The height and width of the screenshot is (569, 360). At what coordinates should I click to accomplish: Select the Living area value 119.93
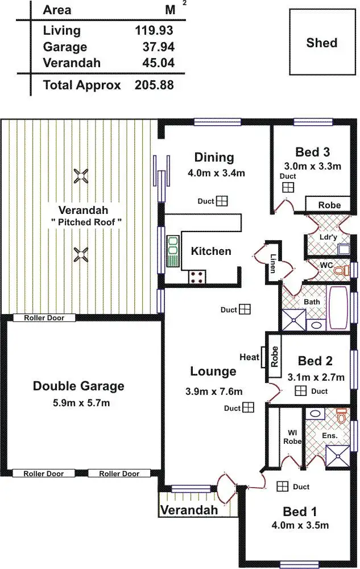coord(154,31)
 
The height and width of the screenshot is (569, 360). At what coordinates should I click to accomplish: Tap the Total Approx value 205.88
coord(154,85)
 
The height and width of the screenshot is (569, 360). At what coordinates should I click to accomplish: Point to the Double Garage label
coord(78,386)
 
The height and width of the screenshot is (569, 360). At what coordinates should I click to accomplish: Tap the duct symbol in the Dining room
coord(221,201)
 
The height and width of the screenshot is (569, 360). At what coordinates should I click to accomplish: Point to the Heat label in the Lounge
coord(249,357)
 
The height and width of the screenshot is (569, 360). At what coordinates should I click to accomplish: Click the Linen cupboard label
coord(274,263)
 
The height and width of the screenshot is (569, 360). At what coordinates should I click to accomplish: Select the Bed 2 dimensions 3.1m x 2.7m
coord(321,377)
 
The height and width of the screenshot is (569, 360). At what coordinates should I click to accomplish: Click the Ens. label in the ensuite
coord(330,435)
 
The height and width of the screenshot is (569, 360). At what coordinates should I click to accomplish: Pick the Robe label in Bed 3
coord(329,205)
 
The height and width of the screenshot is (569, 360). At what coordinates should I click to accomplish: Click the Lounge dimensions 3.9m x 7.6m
coord(213,391)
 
